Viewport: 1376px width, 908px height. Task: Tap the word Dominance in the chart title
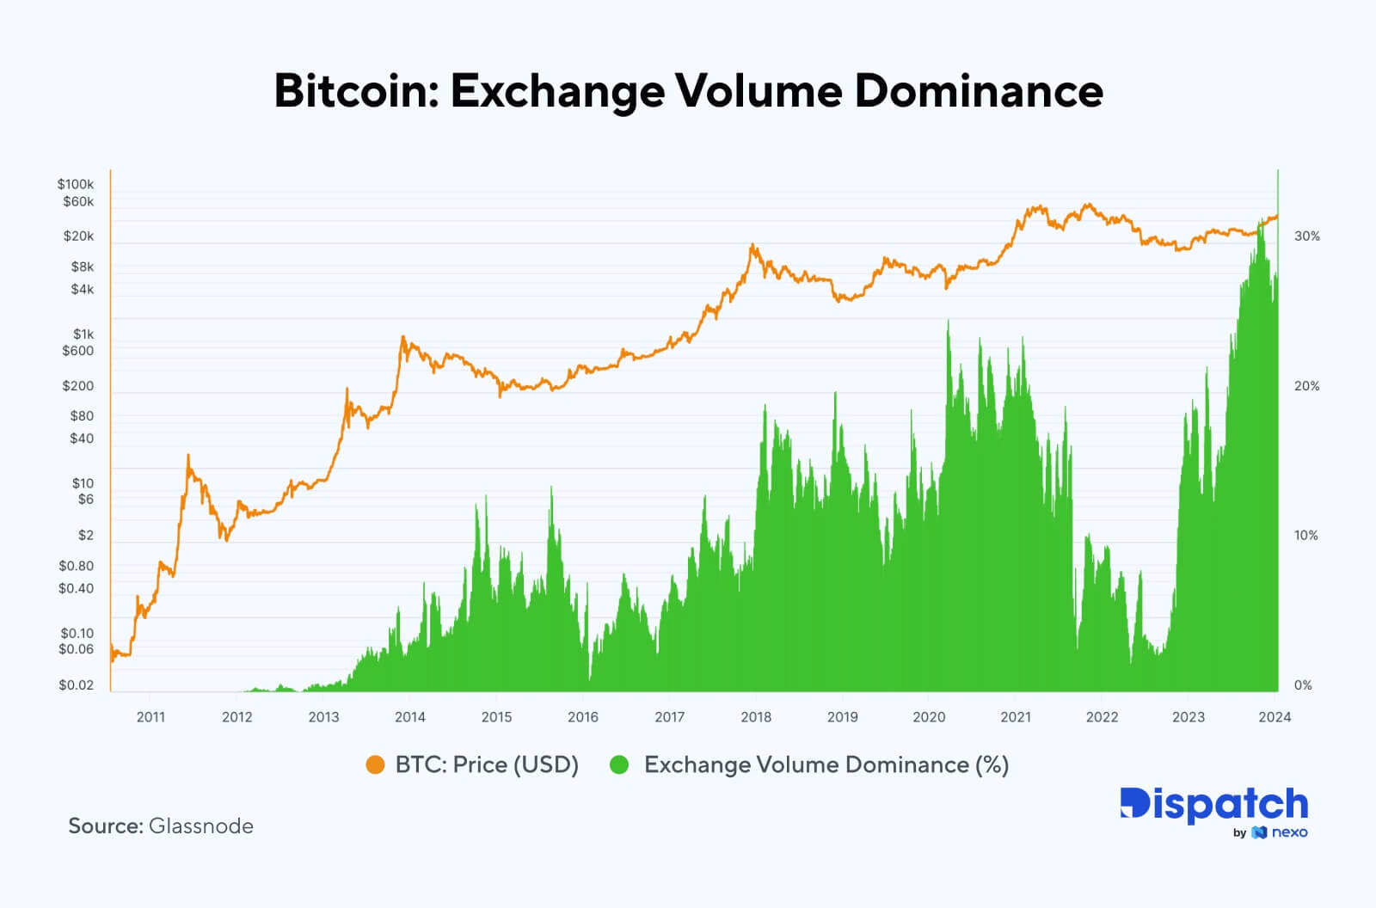point(979,90)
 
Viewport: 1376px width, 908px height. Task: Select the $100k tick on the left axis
point(76,184)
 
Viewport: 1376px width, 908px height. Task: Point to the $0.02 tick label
point(76,685)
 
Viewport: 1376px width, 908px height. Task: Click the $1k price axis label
point(83,334)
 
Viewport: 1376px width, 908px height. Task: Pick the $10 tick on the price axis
point(83,483)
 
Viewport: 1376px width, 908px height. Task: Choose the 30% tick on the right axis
point(1306,236)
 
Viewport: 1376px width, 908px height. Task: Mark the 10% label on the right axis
point(1305,536)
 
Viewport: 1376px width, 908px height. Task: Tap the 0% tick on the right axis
point(1303,685)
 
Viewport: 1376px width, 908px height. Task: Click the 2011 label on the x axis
point(150,717)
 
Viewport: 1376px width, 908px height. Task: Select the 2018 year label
point(756,717)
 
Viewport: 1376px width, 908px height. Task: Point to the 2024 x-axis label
point(1275,717)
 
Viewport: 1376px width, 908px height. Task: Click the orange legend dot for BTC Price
point(375,764)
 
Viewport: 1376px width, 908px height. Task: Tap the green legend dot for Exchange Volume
point(619,764)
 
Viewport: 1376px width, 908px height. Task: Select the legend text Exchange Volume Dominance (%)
point(826,764)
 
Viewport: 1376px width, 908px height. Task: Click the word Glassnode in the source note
point(200,826)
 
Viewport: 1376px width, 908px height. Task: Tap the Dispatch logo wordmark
point(1213,804)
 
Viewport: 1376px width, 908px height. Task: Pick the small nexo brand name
point(1289,832)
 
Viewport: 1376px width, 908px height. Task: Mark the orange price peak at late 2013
point(402,338)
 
